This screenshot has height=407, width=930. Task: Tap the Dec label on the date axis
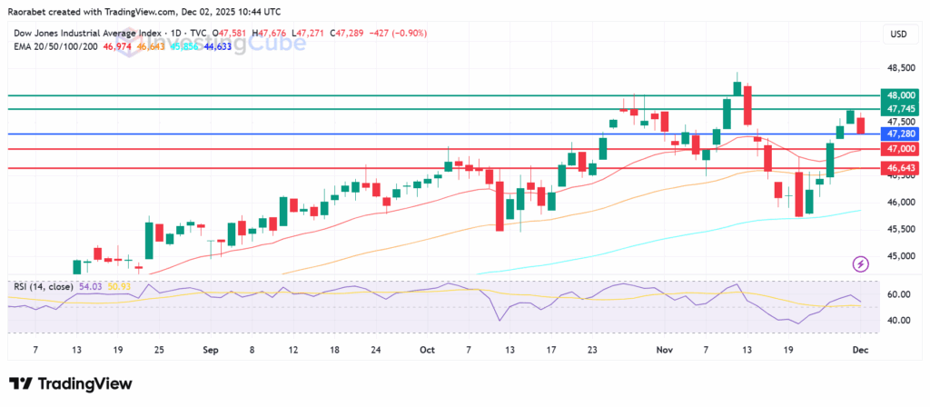pyautogui.click(x=859, y=348)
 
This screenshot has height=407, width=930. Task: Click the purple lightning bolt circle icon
pyautogui.click(x=861, y=263)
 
